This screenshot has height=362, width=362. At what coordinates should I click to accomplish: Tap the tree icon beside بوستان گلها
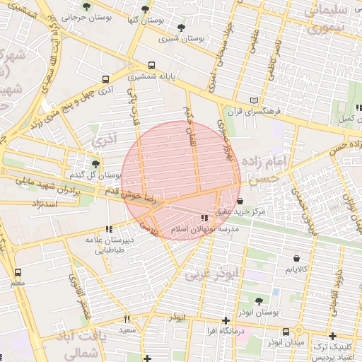click(x=145, y=10)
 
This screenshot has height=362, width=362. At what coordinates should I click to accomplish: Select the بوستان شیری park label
click(x=182, y=40)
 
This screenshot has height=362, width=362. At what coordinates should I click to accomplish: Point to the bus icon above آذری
click(x=105, y=80)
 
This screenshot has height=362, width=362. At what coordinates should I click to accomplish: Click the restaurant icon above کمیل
click(x=359, y=107)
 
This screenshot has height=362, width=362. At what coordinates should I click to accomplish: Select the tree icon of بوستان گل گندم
click(x=96, y=164)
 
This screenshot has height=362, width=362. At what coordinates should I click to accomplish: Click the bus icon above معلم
click(x=17, y=272)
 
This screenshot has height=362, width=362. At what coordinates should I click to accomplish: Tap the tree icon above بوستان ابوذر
click(x=258, y=300)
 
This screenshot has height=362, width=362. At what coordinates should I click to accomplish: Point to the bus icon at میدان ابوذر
click(x=286, y=332)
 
